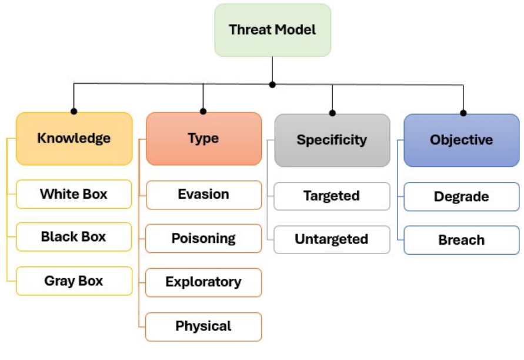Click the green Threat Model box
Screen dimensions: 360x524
click(272, 30)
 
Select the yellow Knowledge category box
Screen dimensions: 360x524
click(74, 138)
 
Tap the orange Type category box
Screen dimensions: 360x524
click(203, 138)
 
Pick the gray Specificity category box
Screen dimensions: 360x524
click(332, 140)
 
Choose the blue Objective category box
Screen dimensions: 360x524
click(461, 140)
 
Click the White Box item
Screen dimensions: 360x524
click(74, 194)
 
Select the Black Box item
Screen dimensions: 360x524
click(74, 236)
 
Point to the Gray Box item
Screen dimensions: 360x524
click(74, 281)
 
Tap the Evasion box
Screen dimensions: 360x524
click(203, 195)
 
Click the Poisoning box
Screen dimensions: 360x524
click(203, 238)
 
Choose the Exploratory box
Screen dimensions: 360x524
click(203, 282)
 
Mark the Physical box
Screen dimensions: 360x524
click(203, 326)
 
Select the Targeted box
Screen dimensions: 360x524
click(332, 196)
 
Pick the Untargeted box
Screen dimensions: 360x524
click(332, 239)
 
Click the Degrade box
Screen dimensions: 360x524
click(461, 196)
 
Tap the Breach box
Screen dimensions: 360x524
click(461, 240)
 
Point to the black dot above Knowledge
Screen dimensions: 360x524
click(74, 111)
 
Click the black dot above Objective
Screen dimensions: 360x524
click(463, 112)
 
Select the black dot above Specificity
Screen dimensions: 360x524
click(332, 112)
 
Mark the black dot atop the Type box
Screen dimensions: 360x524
click(203, 111)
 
